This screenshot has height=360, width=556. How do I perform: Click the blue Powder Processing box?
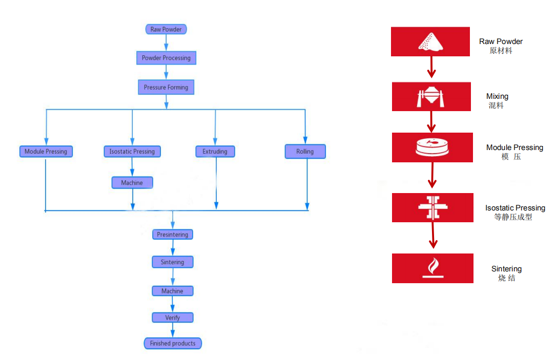pos(166,58)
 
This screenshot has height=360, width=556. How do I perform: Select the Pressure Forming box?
pos(166,87)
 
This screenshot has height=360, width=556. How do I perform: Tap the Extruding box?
pos(215,152)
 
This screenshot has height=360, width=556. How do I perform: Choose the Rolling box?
pos(305,152)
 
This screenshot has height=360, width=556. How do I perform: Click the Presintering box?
pos(173,235)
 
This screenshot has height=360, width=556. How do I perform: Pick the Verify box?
pos(173,317)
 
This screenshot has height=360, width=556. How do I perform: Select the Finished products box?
pos(173,343)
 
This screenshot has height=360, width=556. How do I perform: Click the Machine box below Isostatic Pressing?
pos(132,182)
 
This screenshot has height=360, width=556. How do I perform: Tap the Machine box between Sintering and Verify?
pos(173,291)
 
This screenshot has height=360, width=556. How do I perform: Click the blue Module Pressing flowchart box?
pos(46,152)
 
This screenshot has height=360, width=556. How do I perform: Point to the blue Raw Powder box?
pos(166,29)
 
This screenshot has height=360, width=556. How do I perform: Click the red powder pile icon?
pos(430,41)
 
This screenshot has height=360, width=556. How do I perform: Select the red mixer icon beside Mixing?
pos(431,96)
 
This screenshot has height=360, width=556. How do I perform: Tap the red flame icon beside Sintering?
pos(433,268)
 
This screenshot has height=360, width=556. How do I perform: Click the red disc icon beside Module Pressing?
pos(433,147)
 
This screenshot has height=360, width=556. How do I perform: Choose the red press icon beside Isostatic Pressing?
pos(433,207)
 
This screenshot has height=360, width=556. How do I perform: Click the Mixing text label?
pos(497,96)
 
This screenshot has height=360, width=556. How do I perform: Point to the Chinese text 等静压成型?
pos(513,217)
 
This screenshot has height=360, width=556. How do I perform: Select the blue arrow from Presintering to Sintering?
pos(173,248)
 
